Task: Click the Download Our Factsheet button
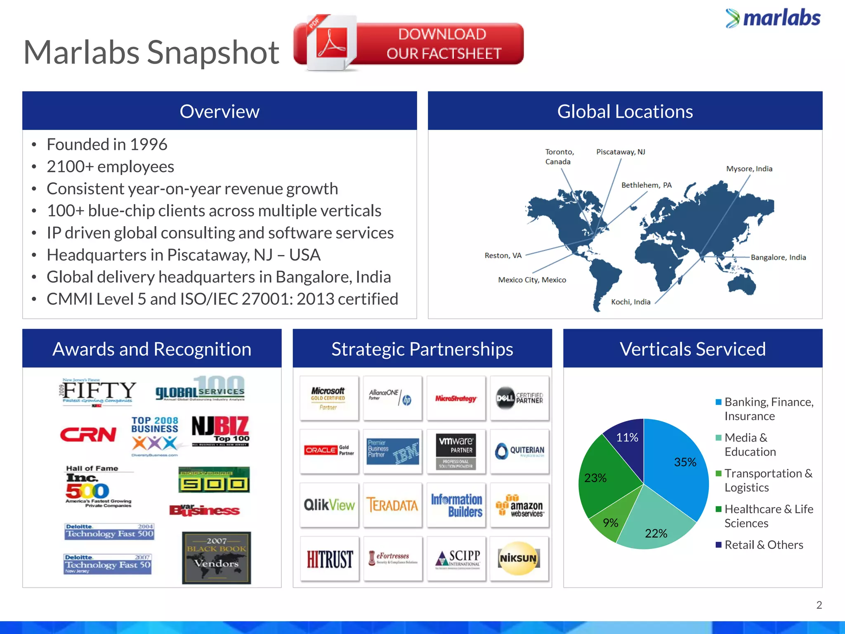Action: click(x=408, y=44)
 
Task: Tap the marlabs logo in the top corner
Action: click(x=773, y=19)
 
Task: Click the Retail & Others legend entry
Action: click(x=763, y=545)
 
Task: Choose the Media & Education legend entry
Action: click(x=750, y=445)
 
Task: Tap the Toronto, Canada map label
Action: click(x=559, y=157)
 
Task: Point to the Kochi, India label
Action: click(x=630, y=302)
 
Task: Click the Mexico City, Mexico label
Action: click(x=532, y=280)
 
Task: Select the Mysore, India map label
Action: click(x=749, y=169)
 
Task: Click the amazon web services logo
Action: click(x=519, y=505)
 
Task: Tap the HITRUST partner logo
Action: click(x=329, y=559)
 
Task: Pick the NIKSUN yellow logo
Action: click(x=519, y=558)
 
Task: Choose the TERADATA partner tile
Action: click(x=392, y=505)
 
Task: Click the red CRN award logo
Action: click(x=88, y=434)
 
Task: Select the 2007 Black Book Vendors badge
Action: click(x=216, y=558)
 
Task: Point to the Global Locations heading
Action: click(x=625, y=111)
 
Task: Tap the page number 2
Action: click(x=819, y=605)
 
